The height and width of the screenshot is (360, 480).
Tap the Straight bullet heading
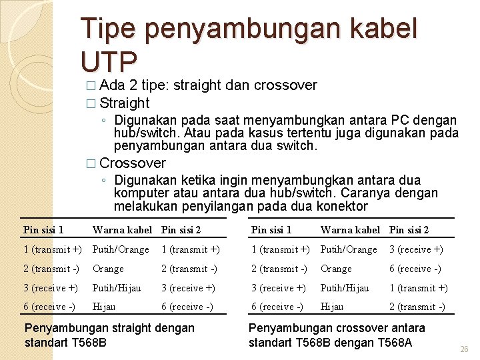tap(125, 103)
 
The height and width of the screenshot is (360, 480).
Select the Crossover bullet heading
tap(133, 163)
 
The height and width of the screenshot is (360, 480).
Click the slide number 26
tap(465, 349)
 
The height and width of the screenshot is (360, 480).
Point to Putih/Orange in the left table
tap(121, 249)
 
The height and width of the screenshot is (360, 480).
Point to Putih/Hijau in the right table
tap(345, 288)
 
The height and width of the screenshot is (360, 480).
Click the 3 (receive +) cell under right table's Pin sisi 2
tap(416, 249)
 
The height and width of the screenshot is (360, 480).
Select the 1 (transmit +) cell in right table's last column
tap(418, 288)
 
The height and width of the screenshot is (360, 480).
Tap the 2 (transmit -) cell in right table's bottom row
tap(417, 307)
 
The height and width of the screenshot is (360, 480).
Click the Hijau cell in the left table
tap(104, 307)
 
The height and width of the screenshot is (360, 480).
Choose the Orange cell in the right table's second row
tap(336, 269)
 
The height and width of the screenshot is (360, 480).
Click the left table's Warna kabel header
tap(122, 230)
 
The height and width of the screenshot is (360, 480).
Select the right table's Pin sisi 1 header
tap(271, 230)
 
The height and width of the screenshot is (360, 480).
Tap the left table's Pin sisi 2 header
tap(181, 230)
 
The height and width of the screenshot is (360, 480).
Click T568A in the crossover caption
tap(394, 343)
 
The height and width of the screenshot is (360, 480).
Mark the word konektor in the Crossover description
tap(342, 207)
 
